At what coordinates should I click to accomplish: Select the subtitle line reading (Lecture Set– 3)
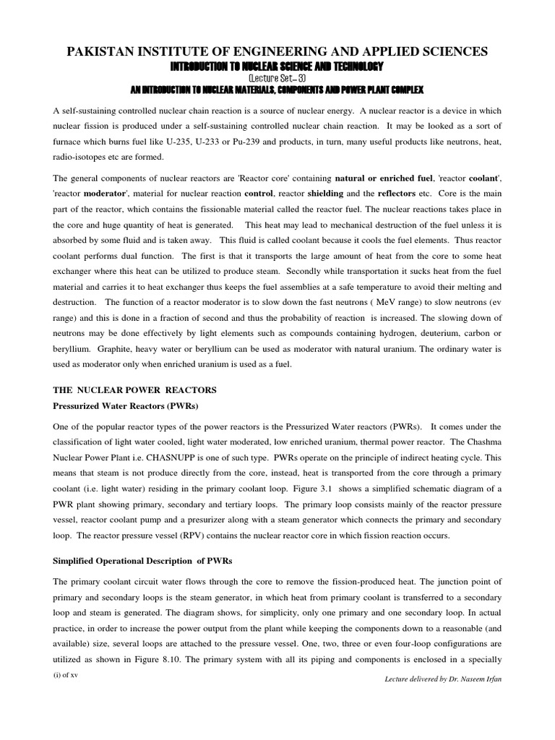pyautogui.click(x=277, y=77)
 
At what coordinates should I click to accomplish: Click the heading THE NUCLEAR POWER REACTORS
pyautogui.click(x=135, y=390)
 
